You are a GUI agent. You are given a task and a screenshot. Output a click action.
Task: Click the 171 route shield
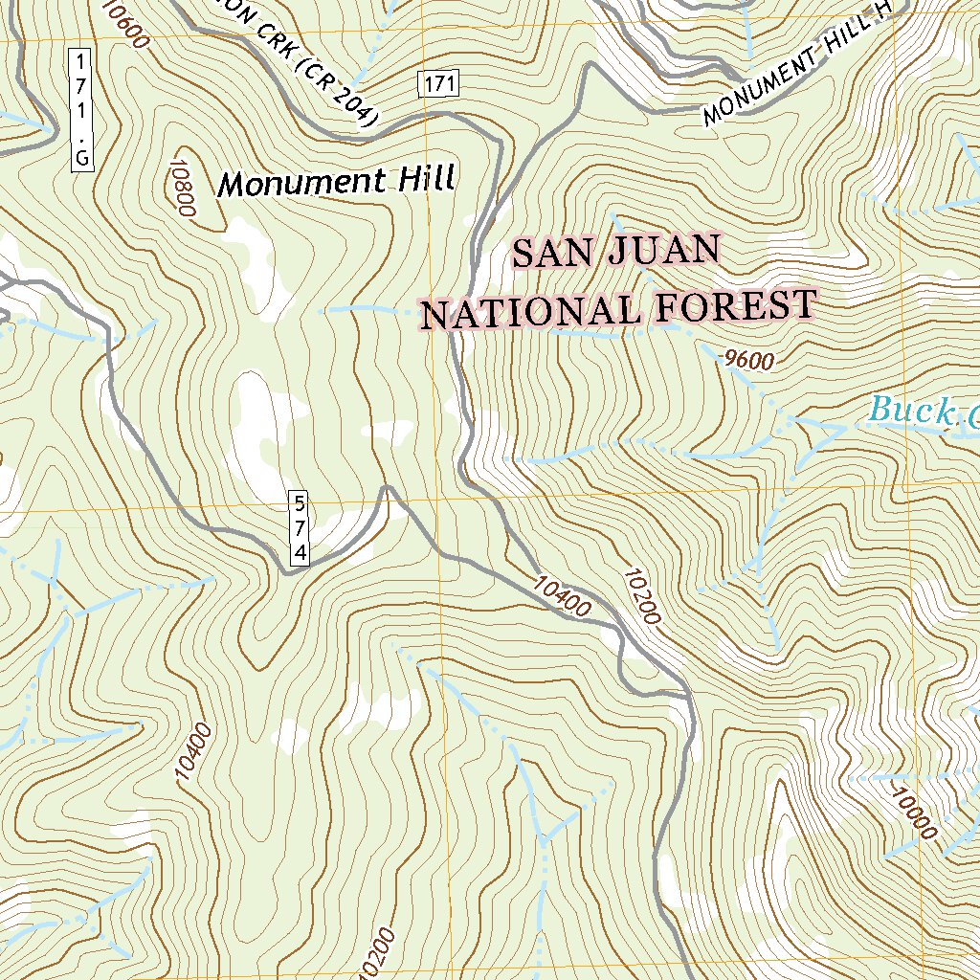click(438, 84)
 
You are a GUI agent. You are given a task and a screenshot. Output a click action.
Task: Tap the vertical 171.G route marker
click(81, 110)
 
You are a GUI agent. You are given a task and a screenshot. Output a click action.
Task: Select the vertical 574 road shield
click(301, 527)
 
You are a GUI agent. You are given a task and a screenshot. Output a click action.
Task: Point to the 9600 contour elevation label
click(747, 360)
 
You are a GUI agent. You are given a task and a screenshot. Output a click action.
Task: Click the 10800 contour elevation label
click(182, 188)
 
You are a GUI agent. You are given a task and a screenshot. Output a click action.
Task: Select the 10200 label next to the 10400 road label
click(641, 597)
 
